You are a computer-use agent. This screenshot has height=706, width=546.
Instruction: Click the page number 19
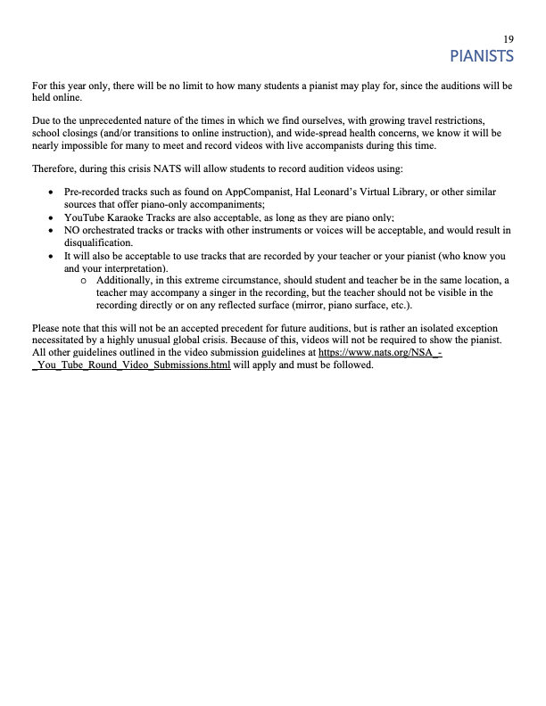[x=508, y=39]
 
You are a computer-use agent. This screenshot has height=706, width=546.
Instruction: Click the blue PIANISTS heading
[x=482, y=57]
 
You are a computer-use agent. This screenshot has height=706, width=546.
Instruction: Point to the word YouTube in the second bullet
[x=84, y=217]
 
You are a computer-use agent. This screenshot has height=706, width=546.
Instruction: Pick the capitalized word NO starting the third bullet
[x=72, y=229]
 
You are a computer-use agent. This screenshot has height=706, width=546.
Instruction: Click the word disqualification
[x=98, y=242]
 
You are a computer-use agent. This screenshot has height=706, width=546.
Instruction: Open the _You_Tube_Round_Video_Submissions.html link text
[x=131, y=365]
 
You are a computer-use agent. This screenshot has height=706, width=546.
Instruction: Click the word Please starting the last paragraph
[x=46, y=327]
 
